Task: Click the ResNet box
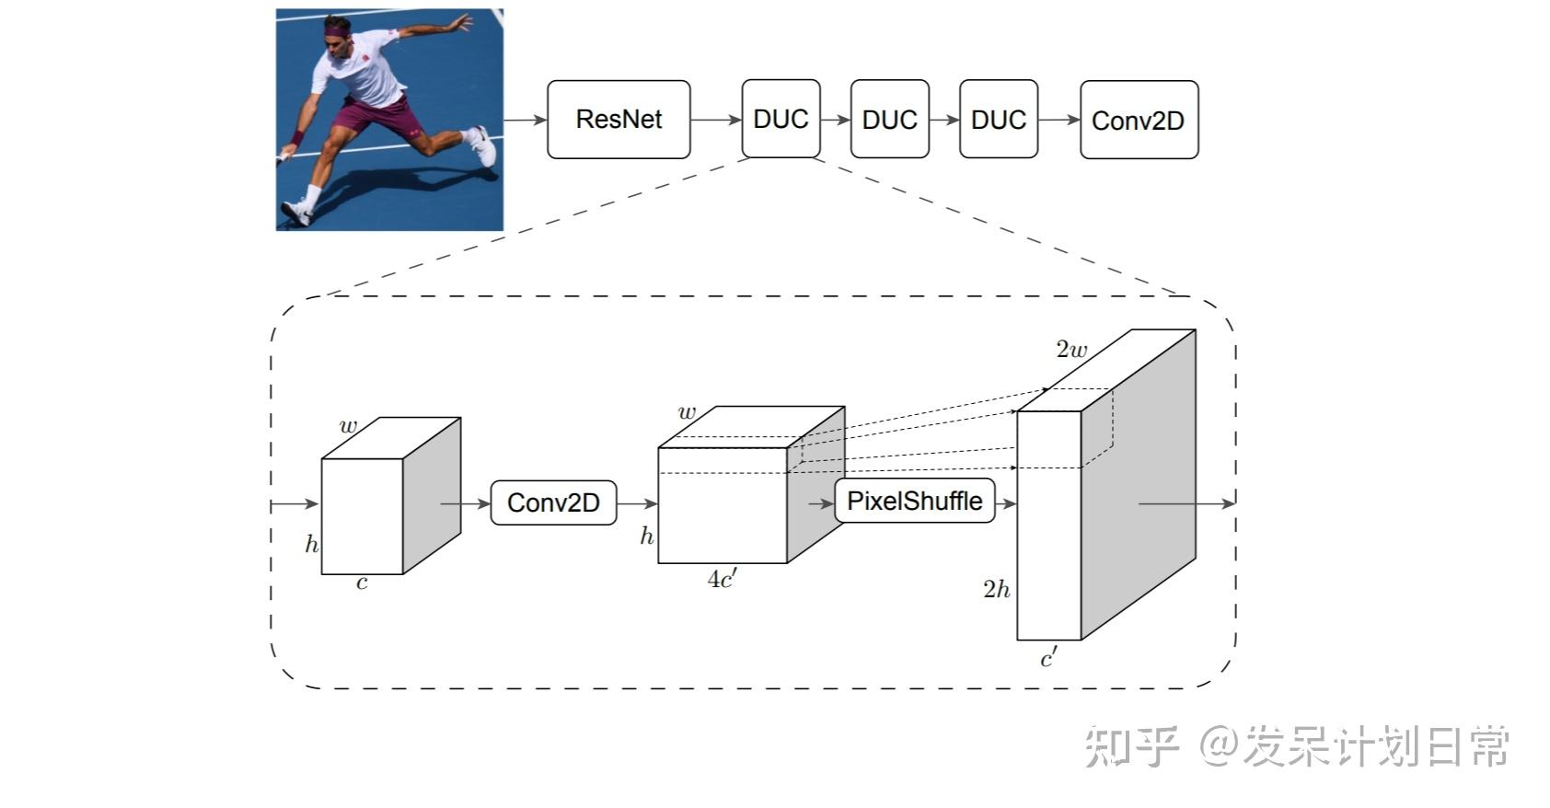tap(619, 120)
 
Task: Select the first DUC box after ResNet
tap(781, 120)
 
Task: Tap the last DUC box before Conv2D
tap(998, 120)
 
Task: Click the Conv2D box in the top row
tap(1139, 121)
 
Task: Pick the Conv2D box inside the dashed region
tap(553, 502)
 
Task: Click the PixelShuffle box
tap(914, 502)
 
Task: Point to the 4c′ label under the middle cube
tap(722, 579)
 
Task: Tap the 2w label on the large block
tap(1071, 350)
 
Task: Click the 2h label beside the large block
tap(996, 590)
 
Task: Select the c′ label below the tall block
tap(1048, 658)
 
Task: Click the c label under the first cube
tap(362, 583)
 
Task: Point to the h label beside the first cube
tap(312, 545)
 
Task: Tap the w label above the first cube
tap(348, 426)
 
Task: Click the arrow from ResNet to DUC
tap(715, 120)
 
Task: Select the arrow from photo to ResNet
tap(525, 120)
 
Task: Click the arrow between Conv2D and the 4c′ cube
tap(637, 503)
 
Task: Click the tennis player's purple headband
tap(337, 32)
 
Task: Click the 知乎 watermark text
tap(1131, 746)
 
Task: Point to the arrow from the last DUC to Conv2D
tap(1058, 120)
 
